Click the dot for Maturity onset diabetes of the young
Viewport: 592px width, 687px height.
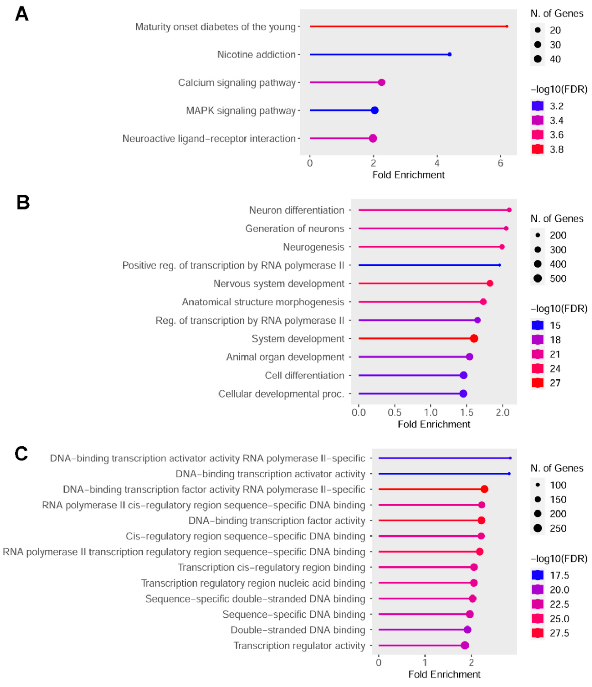pyautogui.click(x=507, y=26)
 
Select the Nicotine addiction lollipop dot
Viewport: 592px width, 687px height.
pyautogui.click(x=449, y=54)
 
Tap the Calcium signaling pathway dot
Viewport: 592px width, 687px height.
pyautogui.click(x=381, y=82)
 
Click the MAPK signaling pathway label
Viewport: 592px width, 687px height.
pyautogui.click(x=240, y=111)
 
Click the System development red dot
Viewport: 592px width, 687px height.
pyautogui.click(x=474, y=338)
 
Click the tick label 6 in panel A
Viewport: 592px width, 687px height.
pyautogui.click(x=500, y=163)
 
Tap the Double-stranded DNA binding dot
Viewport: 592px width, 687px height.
pyautogui.click(x=467, y=630)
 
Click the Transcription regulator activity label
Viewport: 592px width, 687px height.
pyautogui.click(x=299, y=646)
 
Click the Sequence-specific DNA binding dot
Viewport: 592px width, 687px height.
pyautogui.click(x=470, y=614)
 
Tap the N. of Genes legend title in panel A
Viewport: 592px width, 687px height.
pyautogui.click(x=557, y=14)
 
